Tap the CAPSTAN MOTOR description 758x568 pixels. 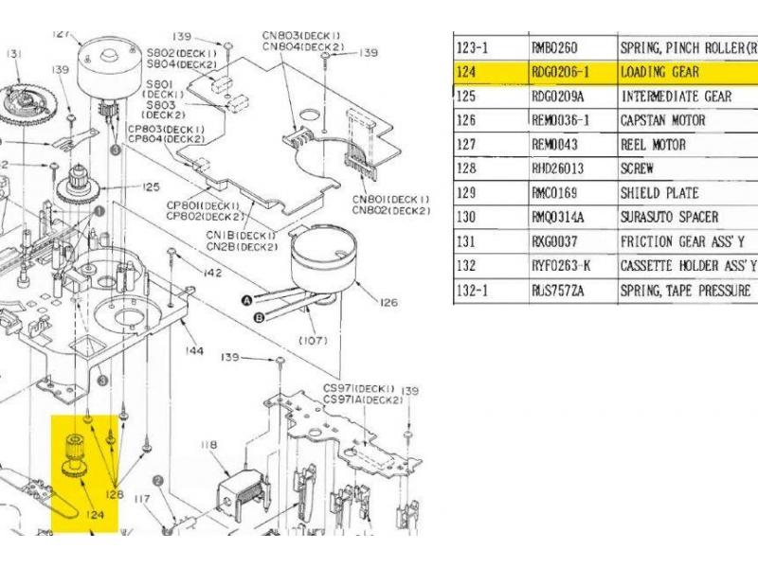663,121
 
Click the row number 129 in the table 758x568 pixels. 466,193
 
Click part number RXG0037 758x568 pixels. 559,242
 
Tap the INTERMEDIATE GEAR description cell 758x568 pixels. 676,97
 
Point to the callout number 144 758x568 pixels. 194,351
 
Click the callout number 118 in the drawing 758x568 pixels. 208,443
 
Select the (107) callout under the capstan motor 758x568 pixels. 312,339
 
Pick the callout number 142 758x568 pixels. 213,273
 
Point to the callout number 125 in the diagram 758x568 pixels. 151,187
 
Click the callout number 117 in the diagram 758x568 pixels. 143,498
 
